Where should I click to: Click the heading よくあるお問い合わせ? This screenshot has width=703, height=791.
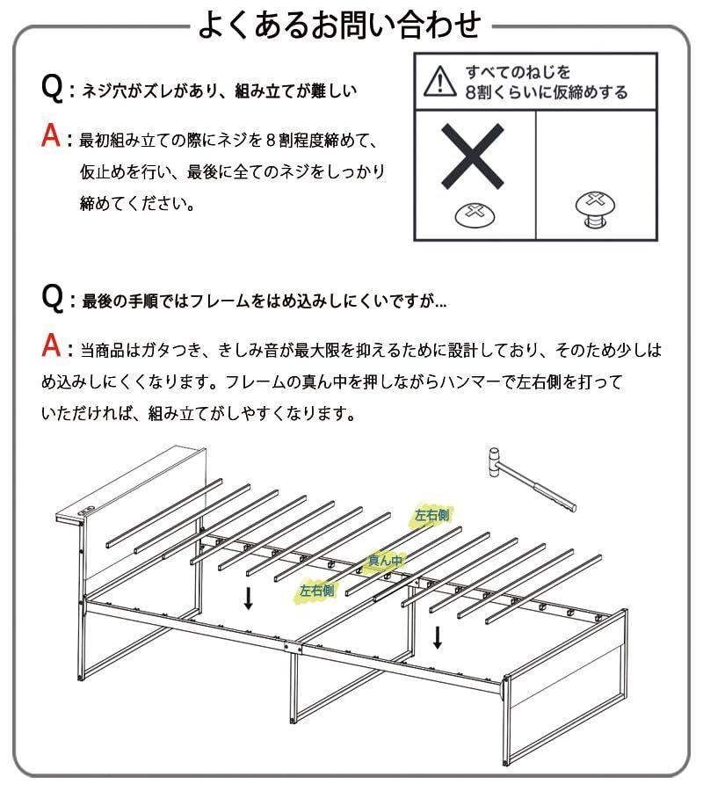point(338,25)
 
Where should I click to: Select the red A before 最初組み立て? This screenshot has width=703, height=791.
point(53,138)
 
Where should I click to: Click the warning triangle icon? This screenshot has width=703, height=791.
point(435,81)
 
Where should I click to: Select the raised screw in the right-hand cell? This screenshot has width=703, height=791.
point(595,207)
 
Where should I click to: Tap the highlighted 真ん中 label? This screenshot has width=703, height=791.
point(385,559)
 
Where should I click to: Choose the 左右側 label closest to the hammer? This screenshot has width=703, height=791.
point(431,516)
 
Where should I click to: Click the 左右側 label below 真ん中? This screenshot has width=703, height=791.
point(316,591)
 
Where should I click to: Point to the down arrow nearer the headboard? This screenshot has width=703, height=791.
point(249,599)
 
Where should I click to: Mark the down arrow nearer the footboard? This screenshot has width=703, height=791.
point(437,636)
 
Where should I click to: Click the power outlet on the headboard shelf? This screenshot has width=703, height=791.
point(84,512)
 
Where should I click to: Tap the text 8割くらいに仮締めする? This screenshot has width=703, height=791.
point(547,92)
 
